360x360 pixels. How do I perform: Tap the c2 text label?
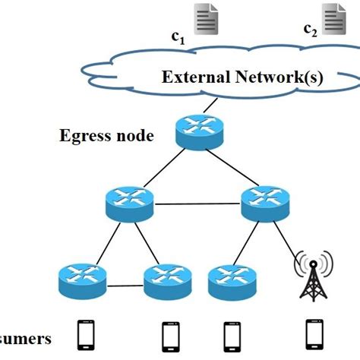click(x=310, y=30)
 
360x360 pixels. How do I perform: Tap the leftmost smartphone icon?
click(x=84, y=333)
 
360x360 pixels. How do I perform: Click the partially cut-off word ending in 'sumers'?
click(x=27, y=339)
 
